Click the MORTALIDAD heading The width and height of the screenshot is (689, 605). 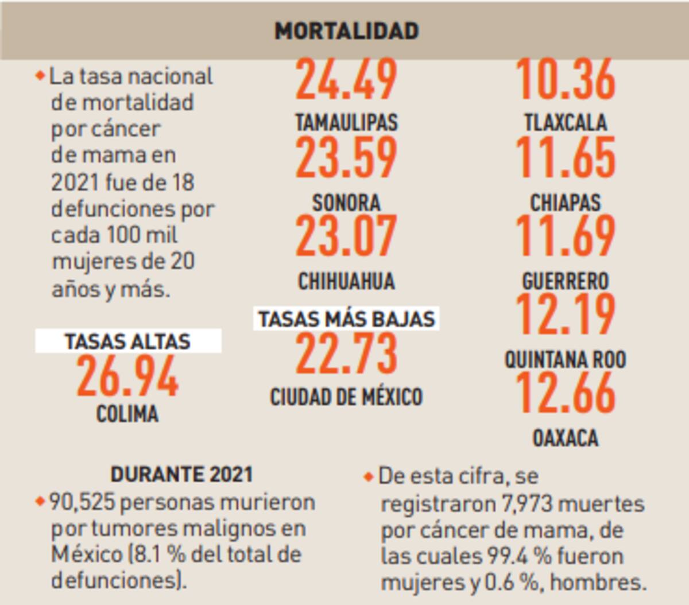346,30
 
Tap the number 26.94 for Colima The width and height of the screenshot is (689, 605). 127,377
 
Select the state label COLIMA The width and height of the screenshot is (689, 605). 127,414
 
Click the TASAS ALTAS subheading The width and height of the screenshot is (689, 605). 127,341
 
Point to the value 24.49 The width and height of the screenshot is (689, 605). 346,79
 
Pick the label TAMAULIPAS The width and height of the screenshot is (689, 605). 346,122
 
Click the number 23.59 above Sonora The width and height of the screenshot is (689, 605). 346,157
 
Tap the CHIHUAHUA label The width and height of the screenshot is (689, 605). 346,281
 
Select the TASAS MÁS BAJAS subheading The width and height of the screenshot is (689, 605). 346,319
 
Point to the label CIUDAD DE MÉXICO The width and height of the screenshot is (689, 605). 346,397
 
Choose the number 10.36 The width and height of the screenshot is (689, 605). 566,79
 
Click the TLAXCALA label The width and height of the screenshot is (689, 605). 566,122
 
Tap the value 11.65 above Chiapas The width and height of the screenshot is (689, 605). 566,157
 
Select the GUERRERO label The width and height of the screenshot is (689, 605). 566,281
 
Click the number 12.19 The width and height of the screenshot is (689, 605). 566,315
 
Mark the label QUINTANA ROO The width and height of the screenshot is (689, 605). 566,360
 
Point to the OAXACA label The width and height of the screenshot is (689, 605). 566,438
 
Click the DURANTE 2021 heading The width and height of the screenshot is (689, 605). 181,474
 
